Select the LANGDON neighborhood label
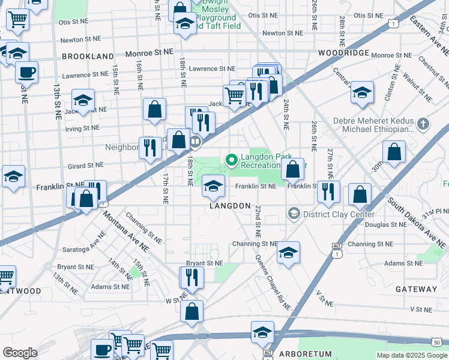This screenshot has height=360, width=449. tap(229, 206)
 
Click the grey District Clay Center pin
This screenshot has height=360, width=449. tap(294, 214)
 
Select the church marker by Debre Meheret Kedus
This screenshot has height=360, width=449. tap(424, 124)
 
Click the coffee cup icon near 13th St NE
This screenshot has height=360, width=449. tap(26, 73)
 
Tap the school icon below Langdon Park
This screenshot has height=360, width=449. tap(212, 185)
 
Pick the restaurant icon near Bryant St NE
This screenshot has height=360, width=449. tap(192, 277)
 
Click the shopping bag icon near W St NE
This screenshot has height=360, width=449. tap(191, 311)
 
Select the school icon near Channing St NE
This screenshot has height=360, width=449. tap(288, 252)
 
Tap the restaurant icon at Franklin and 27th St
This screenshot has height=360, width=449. tap(328, 191)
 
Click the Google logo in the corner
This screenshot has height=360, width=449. tap(20, 353)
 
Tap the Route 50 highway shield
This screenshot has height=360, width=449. tap(442, 341)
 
